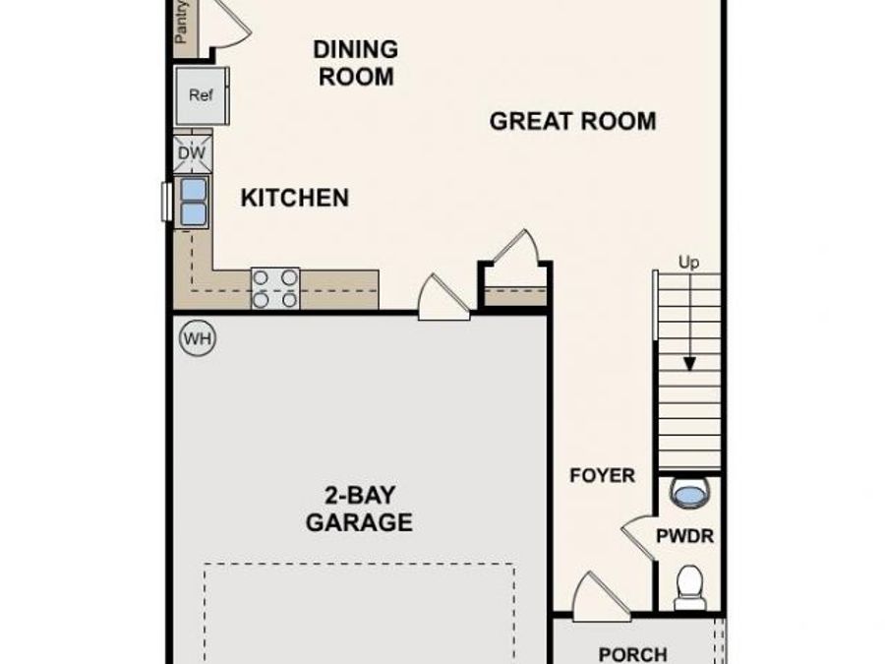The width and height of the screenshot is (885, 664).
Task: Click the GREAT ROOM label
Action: (572, 122)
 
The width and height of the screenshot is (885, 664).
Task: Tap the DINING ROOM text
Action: (355, 62)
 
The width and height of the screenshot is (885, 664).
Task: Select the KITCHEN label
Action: (294, 198)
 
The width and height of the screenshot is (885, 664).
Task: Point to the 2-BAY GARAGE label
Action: (358, 509)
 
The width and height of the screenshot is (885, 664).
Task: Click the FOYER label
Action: (602, 476)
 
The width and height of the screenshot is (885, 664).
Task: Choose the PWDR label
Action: (685, 537)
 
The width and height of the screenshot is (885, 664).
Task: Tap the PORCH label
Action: (632, 653)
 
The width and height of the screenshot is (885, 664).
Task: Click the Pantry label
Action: (182, 22)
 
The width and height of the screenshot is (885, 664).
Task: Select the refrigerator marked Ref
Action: (202, 96)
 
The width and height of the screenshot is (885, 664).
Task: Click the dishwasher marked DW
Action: (193, 152)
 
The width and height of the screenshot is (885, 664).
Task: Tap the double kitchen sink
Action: (193, 201)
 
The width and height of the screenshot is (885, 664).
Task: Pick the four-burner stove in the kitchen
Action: (274, 289)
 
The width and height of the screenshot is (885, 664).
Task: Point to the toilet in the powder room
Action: (689, 586)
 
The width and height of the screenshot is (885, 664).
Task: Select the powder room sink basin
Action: (692, 493)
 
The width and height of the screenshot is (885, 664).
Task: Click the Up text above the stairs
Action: (688, 262)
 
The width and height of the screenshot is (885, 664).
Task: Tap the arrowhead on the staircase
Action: (689, 362)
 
